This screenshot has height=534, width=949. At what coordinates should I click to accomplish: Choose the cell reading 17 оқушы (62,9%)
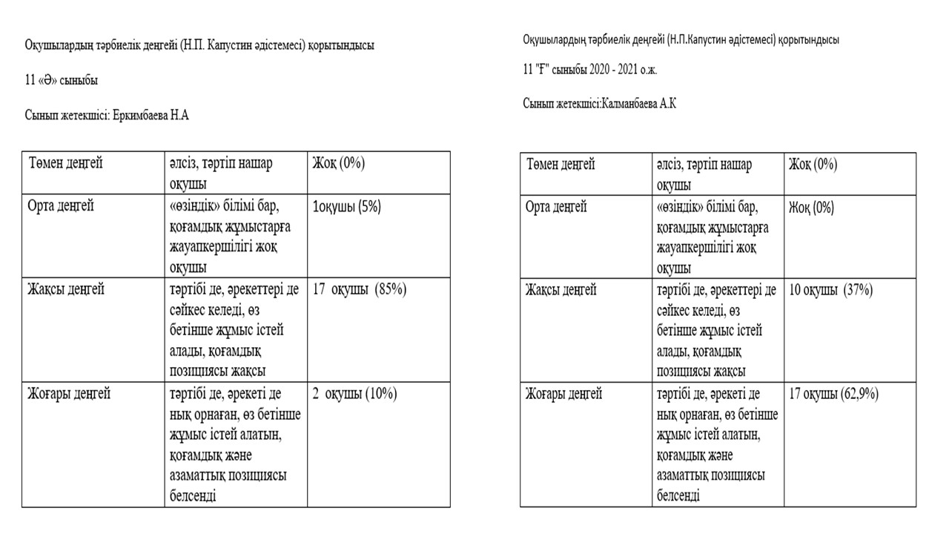click(834, 394)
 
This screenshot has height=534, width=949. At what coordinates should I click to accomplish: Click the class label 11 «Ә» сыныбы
click(62, 80)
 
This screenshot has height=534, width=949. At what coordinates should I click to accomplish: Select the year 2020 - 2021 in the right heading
click(612, 70)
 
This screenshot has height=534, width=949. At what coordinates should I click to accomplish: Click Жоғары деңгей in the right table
click(564, 394)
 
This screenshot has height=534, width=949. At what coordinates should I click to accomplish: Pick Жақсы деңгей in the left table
click(67, 290)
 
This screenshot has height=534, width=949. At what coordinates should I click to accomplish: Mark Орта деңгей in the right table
click(555, 207)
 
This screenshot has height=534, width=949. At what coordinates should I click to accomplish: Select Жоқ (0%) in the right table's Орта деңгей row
click(811, 207)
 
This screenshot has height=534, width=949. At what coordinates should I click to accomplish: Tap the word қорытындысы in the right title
click(809, 40)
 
